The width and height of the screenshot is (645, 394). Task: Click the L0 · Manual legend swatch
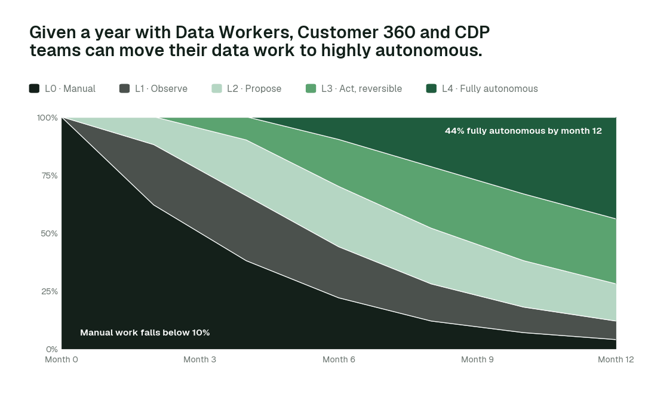34,88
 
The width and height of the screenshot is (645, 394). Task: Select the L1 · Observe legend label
161,88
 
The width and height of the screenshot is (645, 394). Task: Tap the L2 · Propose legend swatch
217,88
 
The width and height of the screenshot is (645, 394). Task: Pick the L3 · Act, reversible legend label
361,89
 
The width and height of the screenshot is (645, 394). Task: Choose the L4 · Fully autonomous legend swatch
432,88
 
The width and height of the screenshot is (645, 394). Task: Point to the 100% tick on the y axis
47,118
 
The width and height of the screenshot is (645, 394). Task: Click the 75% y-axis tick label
50,176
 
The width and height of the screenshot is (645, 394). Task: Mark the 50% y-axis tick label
49,233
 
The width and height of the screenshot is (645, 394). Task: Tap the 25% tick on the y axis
50,291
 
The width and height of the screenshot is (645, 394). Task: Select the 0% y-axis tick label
52,349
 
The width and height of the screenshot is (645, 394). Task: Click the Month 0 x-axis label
62,359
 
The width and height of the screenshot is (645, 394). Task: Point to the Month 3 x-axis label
199,359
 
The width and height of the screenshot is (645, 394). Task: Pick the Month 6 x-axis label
339,359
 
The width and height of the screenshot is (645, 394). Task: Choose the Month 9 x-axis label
477,359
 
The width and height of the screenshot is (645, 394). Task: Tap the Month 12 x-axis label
616,359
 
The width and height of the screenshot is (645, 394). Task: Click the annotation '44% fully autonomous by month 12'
523,131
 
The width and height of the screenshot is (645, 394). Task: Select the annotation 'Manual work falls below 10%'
145,333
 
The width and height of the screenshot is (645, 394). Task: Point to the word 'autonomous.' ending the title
429,50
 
